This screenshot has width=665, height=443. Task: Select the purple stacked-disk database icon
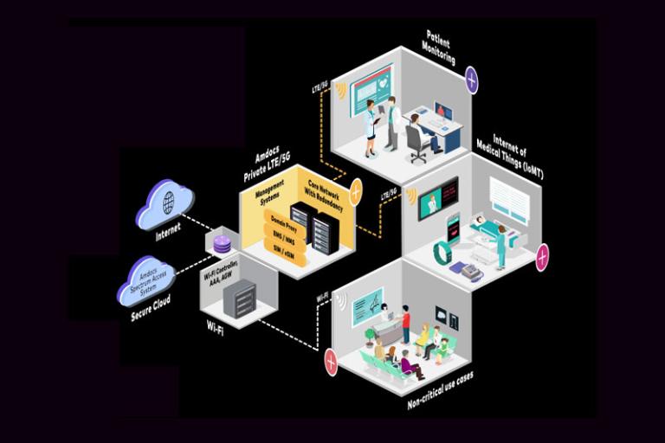pos(222,244)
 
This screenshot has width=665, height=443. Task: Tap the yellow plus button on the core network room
pos(355,189)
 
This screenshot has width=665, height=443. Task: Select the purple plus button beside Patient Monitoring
pos(471,81)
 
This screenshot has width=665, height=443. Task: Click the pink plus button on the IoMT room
pos(542,256)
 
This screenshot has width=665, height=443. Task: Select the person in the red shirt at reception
pos(405,324)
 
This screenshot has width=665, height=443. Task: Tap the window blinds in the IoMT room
pos(509,203)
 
